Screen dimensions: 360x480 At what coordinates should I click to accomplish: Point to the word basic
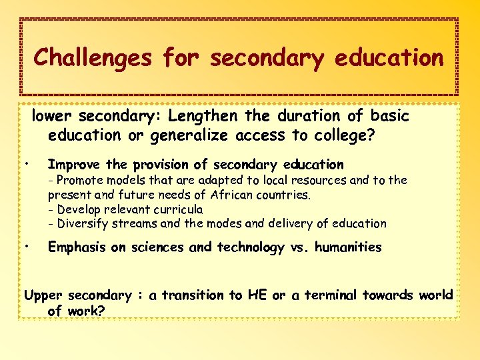pos(389,116)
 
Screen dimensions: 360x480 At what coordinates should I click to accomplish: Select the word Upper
pos(44,295)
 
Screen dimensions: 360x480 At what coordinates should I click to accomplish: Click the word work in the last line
pos(87,311)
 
